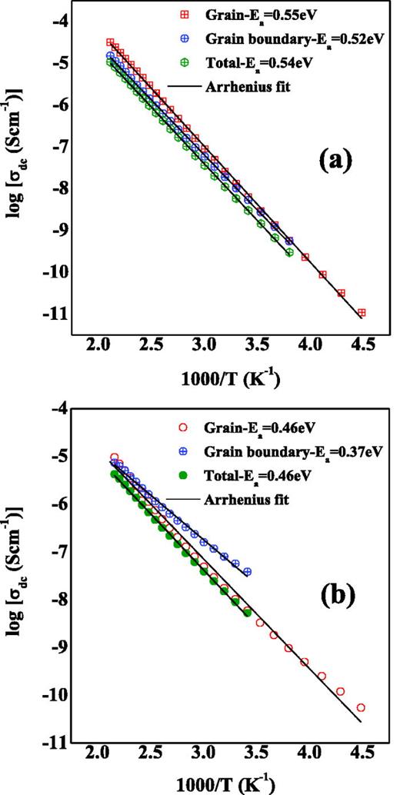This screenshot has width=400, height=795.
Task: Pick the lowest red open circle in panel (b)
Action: click(361, 707)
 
